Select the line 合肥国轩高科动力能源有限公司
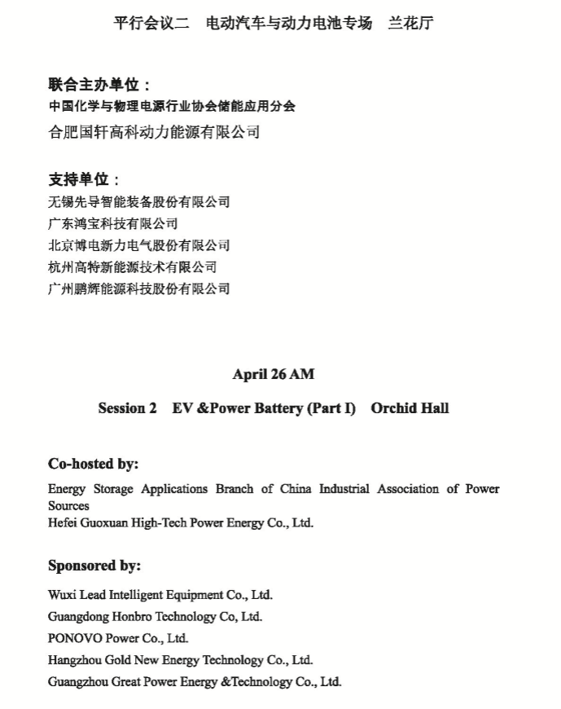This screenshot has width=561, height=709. coord(154,132)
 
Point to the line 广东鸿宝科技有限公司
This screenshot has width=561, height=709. coord(112,223)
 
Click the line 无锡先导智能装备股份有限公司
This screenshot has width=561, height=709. coord(138,202)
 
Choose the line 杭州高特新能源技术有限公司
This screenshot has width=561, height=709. coord(132,266)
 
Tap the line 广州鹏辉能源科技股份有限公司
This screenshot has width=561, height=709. coord(138,288)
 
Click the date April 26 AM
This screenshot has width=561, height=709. coord(273,374)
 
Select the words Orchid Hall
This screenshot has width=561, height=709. coord(410,408)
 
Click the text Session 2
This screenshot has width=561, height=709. coord(127,408)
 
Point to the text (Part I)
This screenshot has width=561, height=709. coord(331,408)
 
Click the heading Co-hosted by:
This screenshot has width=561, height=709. coord(93,464)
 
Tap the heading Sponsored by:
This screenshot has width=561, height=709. coord(94,566)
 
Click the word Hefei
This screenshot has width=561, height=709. coord(62,523)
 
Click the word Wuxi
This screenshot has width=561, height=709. coord(61,595)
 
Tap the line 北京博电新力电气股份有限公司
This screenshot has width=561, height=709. coord(138,245)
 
